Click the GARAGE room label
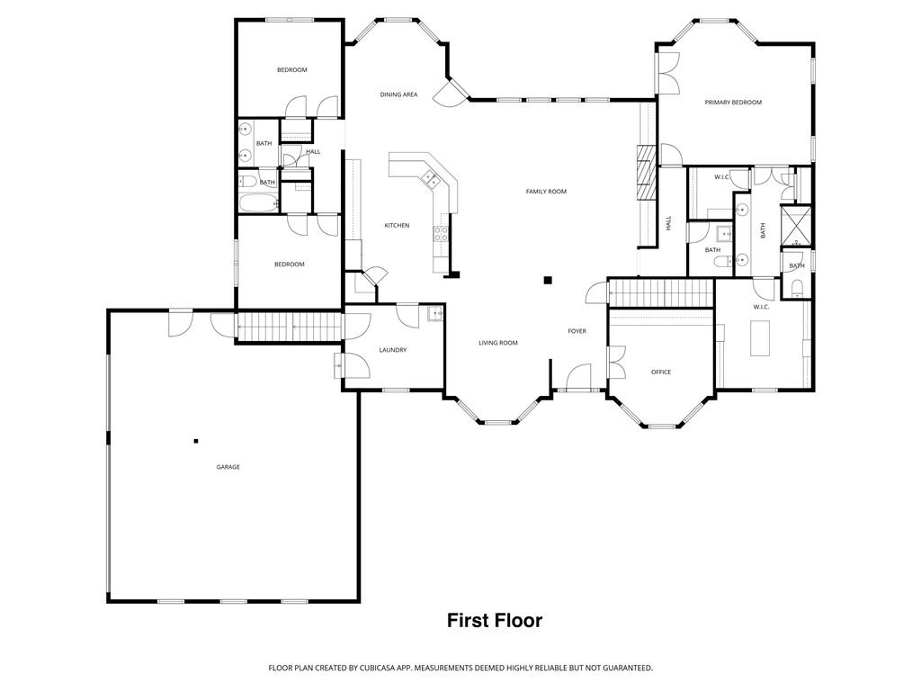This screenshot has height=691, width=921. pyautogui.click(x=228, y=467)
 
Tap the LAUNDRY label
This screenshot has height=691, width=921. pyautogui.click(x=393, y=350)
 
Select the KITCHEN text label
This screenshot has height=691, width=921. pyautogui.click(x=397, y=225)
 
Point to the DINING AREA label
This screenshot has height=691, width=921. pyautogui.click(x=398, y=94)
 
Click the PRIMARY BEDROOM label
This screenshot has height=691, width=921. pyautogui.click(x=733, y=103)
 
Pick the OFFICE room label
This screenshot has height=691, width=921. pyautogui.click(x=661, y=372)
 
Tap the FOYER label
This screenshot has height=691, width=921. pyautogui.click(x=577, y=331)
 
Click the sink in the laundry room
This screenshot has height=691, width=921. pyautogui.click(x=434, y=314)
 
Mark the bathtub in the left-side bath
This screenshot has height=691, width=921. pyautogui.click(x=256, y=202)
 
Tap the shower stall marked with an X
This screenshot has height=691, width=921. pyautogui.click(x=795, y=226)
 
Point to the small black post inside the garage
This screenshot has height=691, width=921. pyautogui.click(x=195, y=441)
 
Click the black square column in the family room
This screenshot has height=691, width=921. pyautogui.click(x=547, y=280)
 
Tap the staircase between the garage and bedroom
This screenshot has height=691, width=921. pyautogui.click(x=290, y=325)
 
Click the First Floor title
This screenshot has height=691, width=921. pyautogui.click(x=495, y=621)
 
